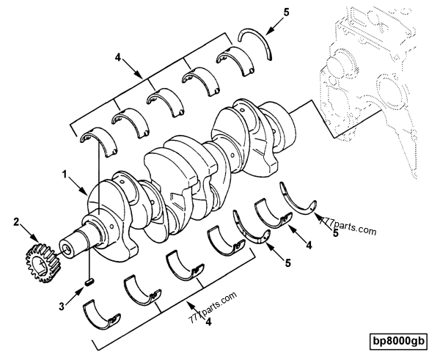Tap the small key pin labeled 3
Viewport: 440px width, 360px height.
tap(89, 282)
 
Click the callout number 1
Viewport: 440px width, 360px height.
tap(65, 175)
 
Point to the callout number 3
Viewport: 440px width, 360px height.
tap(62, 306)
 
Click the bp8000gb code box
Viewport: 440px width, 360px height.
tap(398, 342)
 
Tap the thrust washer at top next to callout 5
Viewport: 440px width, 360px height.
tap(256, 44)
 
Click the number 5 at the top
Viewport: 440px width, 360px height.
tap(286, 12)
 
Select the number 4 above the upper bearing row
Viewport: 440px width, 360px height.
tap(118, 58)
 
